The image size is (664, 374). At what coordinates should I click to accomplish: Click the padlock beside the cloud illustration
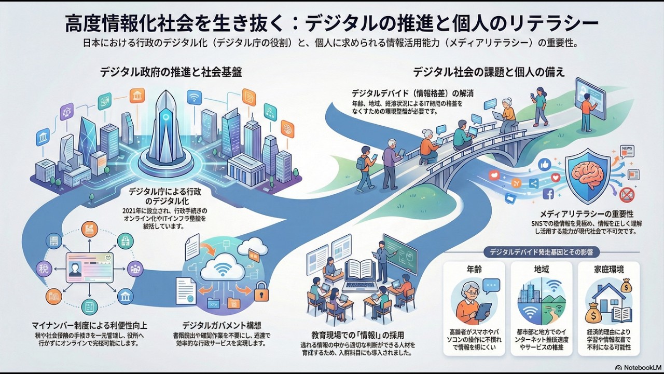(261, 291)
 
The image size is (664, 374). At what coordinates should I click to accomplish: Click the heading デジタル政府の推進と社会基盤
(171, 72)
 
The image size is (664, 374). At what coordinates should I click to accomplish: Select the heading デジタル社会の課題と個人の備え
(489, 72)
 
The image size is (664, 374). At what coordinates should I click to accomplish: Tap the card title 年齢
(474, 270)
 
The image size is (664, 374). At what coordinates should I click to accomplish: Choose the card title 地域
(541, 270)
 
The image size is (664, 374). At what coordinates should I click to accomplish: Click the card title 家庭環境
(608, 270)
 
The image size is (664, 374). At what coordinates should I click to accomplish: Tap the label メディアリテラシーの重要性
(586, 214)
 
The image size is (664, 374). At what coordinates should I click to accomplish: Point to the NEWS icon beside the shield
(627, 151)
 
